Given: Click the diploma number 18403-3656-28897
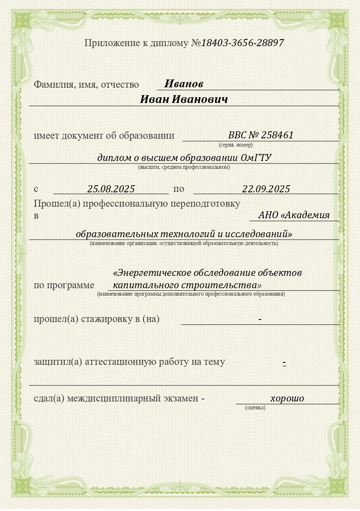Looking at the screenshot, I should [242, 43].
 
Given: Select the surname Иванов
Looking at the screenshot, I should [184, 84].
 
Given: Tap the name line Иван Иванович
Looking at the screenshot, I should [184, 100].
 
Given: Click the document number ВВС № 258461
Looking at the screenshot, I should [261, 135].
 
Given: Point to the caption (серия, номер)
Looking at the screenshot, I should [236, 145].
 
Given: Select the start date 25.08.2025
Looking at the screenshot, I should [111, 189].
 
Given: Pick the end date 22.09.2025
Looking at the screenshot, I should [266, 189].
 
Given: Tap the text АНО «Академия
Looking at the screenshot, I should [294, 215].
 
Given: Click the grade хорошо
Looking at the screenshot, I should [287, 398].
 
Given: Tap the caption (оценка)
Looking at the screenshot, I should [255, 408].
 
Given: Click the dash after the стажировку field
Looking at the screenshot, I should [260, 319].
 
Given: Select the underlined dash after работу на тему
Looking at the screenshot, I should [284, 362].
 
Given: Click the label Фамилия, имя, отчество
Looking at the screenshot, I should [86, 84].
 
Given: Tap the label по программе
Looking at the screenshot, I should [64, 285].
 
